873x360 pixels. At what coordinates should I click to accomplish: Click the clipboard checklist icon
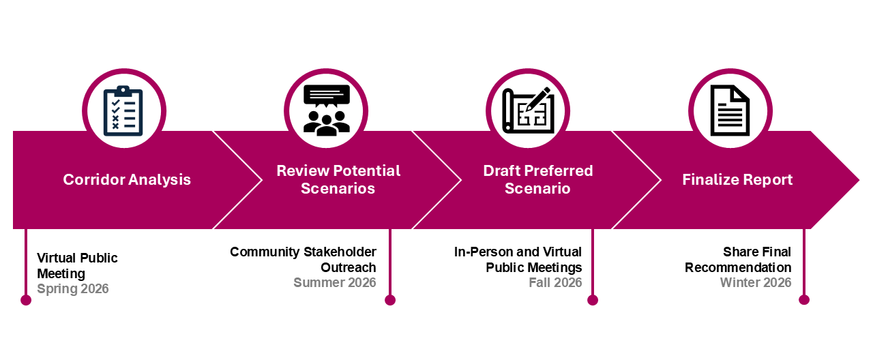(123, 110)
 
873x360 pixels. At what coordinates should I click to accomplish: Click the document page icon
(730, 110)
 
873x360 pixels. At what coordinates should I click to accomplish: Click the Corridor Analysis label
(127, 180)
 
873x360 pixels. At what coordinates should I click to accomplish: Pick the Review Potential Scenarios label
(338, 179)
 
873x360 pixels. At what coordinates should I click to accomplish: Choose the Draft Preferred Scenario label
(537, 179)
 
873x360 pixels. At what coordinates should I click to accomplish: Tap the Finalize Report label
(737, 180)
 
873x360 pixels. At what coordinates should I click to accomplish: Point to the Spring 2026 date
(73, 288)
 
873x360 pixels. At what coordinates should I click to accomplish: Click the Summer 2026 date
(334, 282)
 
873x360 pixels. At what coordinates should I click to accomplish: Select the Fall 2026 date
(555, 282)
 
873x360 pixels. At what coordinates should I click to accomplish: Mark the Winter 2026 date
(756, 282)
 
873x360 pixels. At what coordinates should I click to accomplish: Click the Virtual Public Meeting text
(77, 266)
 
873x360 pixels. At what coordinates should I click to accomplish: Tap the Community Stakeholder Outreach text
(303, 260)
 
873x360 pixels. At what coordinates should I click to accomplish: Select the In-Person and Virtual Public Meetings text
(518, 260)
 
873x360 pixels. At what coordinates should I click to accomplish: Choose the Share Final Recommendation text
(738, 260)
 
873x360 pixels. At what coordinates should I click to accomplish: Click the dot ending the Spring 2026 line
(26, 300)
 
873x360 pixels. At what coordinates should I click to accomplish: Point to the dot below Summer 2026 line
(390, 300)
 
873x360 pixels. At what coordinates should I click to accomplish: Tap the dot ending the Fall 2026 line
(593, 300)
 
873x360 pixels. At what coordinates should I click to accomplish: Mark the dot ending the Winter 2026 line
(804, 300)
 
